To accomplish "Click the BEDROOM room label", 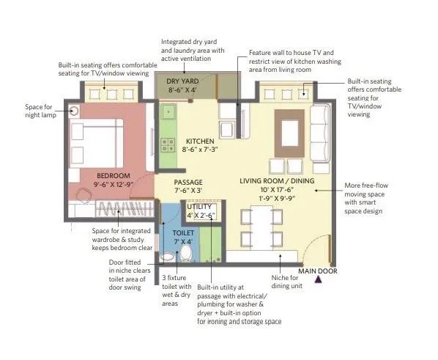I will click(113, 176).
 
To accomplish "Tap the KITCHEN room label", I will click(199, 141).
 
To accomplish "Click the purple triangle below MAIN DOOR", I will click(318, 281).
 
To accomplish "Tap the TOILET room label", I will click(184, 232).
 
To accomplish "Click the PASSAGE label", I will click(188, 183).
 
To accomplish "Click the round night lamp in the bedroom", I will click(75, 111).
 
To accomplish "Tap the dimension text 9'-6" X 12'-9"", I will click(113, 186).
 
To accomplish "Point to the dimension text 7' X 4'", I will click(184, 242).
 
